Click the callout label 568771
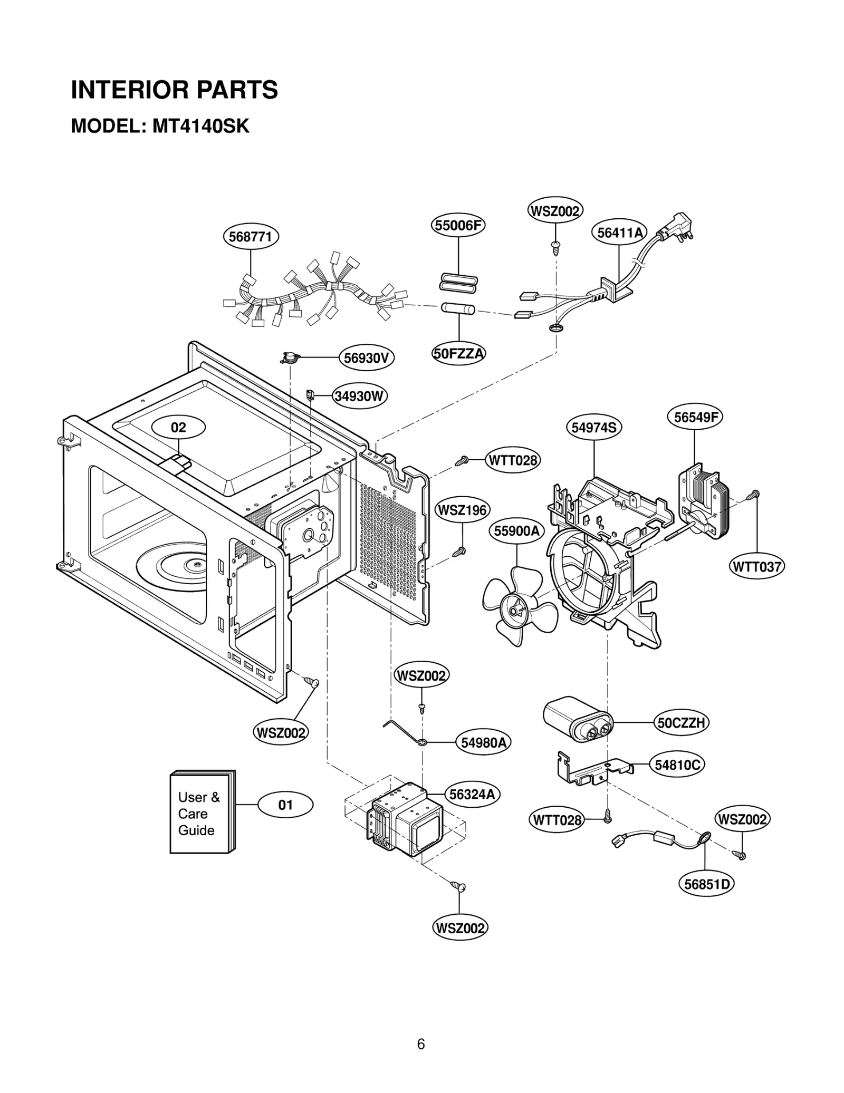tap(251, 237)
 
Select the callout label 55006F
tap(458, 225)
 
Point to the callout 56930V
tap(366, 358)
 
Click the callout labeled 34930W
tap(360, 396)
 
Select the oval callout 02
tap(178, 427)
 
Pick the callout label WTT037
tap(757, 567)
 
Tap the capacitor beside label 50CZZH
tap(578, 720)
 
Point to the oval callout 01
tap(285, 805)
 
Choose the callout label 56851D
tap(706, 884)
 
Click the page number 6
tap(421, 1044)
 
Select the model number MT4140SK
tap(201, 127)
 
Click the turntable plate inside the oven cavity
tap(174, 567)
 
